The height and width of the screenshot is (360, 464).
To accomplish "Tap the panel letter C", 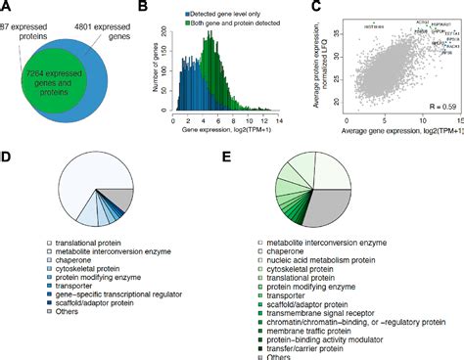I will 316,7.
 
